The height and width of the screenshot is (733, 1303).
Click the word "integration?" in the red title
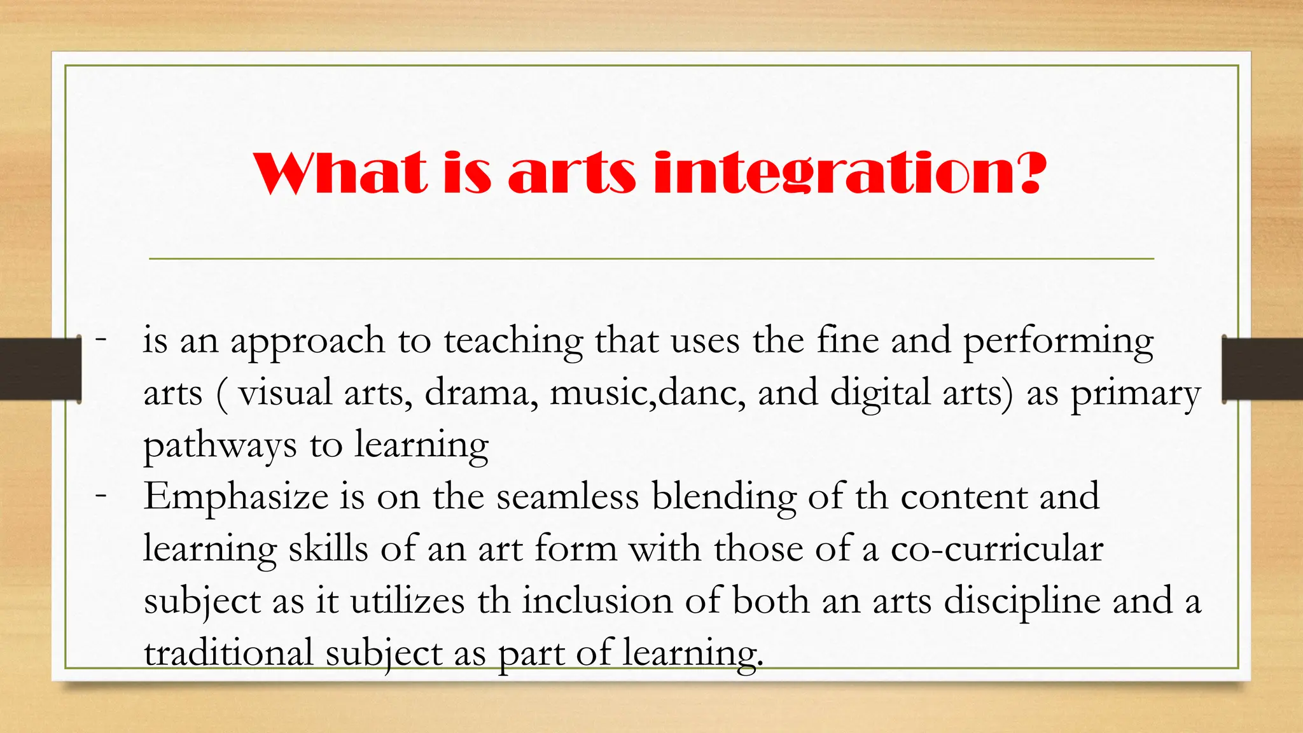850,173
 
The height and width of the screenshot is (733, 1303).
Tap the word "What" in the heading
340,173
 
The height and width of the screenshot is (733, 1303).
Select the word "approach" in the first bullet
307,342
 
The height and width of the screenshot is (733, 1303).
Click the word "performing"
1058,342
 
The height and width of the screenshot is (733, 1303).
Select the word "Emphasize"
235,497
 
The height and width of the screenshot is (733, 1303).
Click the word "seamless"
568,497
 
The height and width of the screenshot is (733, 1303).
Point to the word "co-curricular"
997,548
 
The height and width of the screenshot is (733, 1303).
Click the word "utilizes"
407,601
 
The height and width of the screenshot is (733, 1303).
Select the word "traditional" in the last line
228,653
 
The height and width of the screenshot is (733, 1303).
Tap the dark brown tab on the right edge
1262,369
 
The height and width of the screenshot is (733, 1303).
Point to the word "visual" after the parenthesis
285,393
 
